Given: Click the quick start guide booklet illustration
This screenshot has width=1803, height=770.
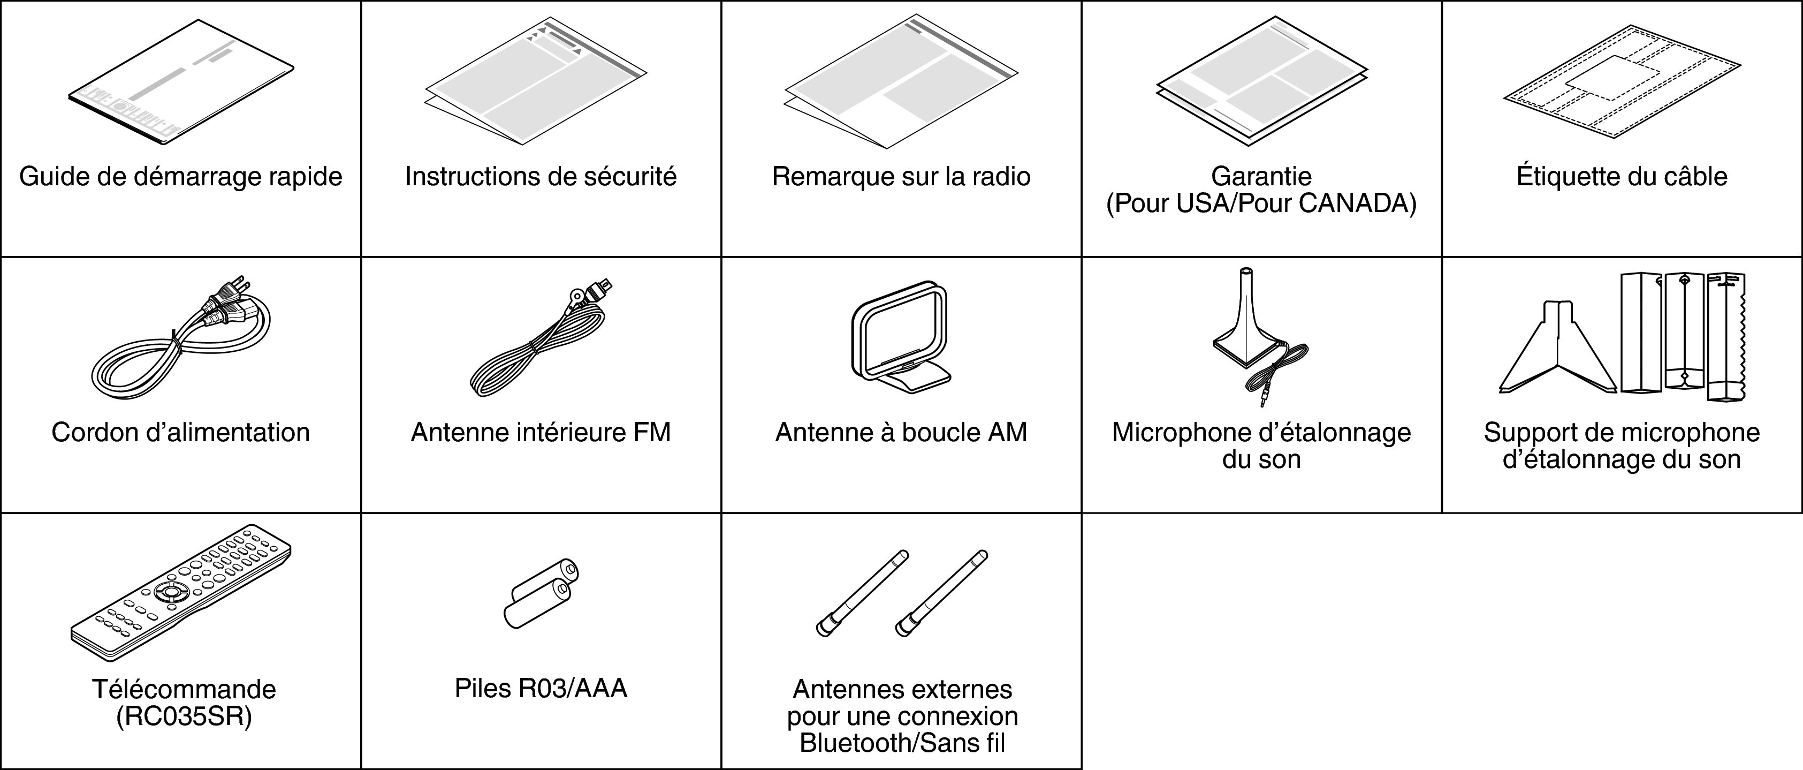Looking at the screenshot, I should pyautogui.click(x=180, y=82).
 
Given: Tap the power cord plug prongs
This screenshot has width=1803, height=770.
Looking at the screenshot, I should pyautogui.click(x=240, y=283).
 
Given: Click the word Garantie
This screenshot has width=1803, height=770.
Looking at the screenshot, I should pyautogui.click(x=1261, y=176).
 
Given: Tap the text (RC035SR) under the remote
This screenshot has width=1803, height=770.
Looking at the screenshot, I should pyautogui.click(x=184, y=717).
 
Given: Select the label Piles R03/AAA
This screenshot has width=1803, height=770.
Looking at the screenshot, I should pyautogui.click(x=541, y=689).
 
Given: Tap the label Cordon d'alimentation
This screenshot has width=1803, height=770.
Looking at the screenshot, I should pyautogui.click(x=180, y=433).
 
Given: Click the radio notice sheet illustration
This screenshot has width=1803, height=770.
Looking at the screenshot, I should pyautogui.click(x=901, y=82).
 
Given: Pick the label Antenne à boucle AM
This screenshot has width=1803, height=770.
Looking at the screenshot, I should pyautogui.click(x=901, y=433).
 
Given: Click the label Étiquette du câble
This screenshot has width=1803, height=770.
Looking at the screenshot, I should pyautogui.click(x=1622, y=176).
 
